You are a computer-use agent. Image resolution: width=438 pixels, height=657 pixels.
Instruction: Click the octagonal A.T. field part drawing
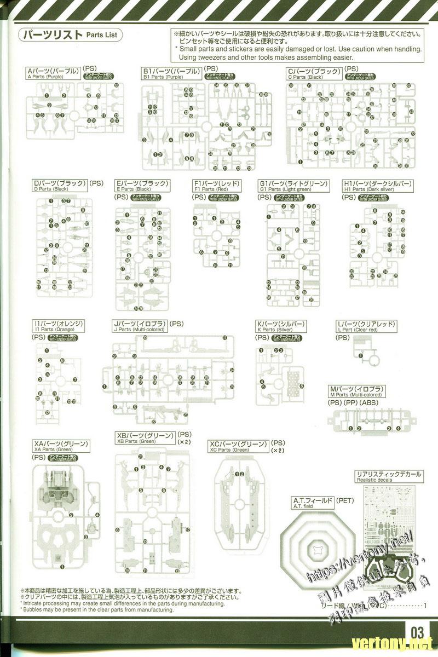click(318, 547)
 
